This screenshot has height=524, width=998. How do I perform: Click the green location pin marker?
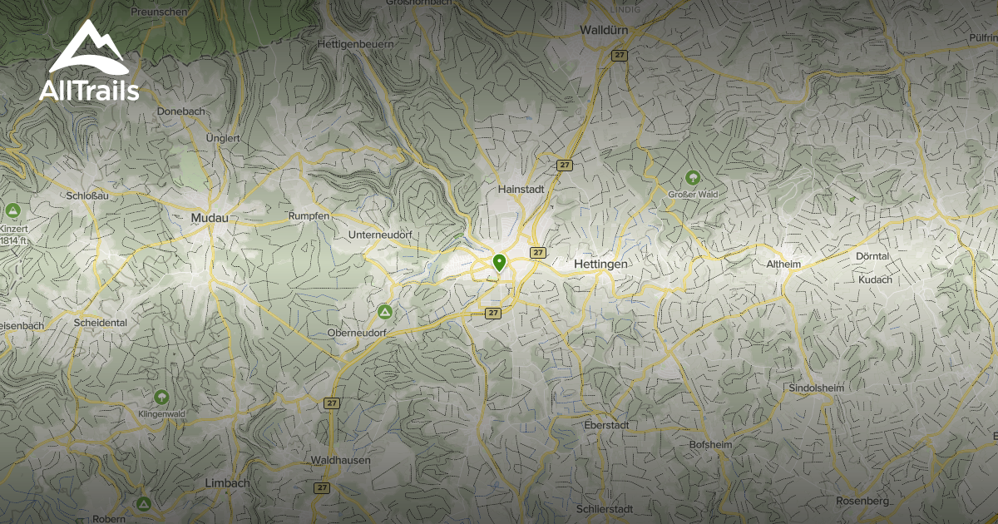pos(499,263)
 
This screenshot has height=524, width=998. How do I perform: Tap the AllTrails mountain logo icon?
pos(87,49)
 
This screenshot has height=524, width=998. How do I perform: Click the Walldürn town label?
pos(603,30)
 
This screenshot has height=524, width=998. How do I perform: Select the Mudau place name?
pos(209,218)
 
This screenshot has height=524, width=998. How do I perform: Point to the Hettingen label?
pos(600,263)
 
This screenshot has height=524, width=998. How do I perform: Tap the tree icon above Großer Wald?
pos(692,177)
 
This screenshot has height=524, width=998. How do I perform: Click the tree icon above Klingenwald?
pos(161,398)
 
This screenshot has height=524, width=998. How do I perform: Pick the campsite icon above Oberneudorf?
pos(384,312)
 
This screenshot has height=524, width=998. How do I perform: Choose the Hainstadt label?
pos(521,189)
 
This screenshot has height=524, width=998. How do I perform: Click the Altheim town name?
pos(783,264)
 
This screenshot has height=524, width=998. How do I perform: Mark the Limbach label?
pos(226,483)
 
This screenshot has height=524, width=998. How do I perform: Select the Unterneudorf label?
pos(381,235)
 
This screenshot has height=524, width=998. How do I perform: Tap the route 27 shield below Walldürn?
pos(619,55)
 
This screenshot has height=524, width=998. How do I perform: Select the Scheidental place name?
pos(100,323)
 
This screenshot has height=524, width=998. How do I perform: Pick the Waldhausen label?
pos(340,460)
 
